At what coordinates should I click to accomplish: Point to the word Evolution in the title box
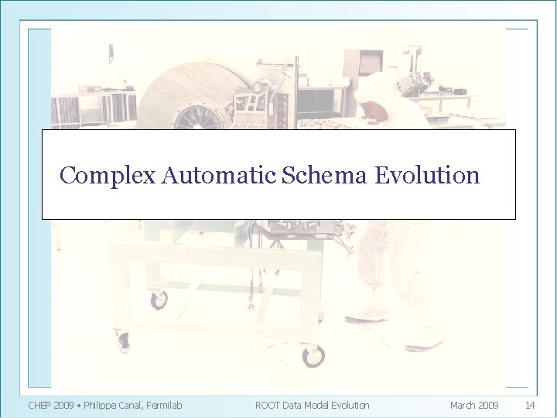point(427,176)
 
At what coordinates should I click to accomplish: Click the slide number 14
point(530,405)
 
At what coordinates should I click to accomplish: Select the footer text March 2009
point(474,405)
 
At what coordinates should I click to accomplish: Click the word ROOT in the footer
point(268,405)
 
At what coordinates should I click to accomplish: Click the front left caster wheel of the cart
point(159,300)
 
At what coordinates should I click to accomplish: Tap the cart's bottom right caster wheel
point(313,357)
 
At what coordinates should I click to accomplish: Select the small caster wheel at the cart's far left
point(123,342)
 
